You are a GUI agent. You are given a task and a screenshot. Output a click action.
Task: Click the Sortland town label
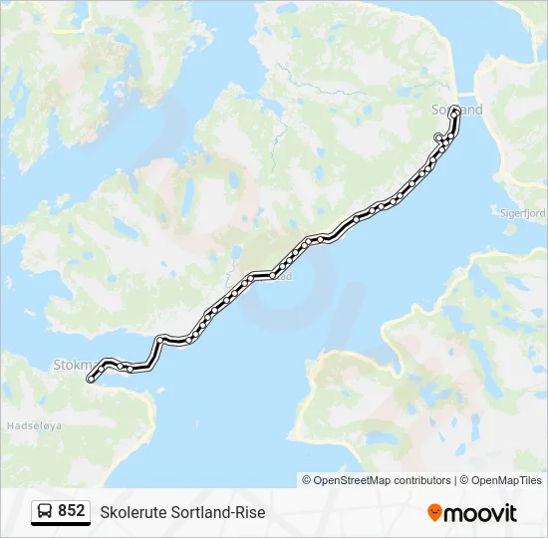457,110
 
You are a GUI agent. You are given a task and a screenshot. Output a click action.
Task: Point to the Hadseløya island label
35,424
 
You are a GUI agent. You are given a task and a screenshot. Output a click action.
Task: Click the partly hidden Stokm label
70,365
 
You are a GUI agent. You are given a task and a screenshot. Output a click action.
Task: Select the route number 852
71,511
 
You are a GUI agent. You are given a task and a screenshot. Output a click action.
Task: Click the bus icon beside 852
45,512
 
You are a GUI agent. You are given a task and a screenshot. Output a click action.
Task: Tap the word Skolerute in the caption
133,512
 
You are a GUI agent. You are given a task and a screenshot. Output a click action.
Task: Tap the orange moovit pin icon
434,512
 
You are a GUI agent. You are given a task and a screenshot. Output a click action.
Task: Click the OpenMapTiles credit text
507,480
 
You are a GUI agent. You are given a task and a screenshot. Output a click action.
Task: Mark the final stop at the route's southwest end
91,379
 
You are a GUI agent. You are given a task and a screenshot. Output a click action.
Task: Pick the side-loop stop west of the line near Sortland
438,136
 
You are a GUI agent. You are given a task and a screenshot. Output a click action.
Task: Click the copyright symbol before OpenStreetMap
307,480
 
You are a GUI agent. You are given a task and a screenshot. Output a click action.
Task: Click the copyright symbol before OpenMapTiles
463,480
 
